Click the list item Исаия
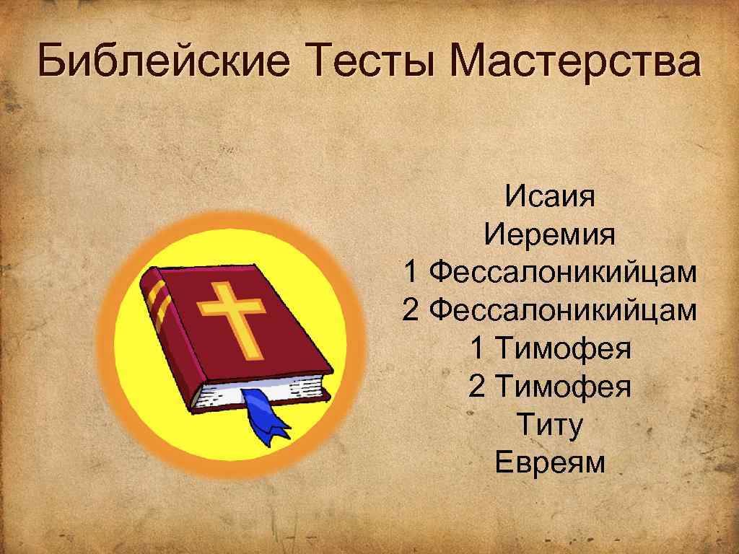point(550,196)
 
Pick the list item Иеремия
point(550,234)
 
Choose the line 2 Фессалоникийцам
point(550,311)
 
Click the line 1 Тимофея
point(550,349)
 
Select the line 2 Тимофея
point(550,387)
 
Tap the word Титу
point(550,426)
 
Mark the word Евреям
point(550,464)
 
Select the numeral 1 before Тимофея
point(478,349)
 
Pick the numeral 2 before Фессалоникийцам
point(411,311)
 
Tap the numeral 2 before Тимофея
point(478,387)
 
